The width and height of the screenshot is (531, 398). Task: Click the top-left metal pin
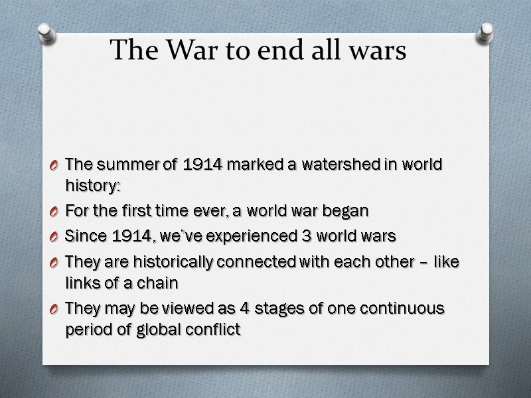click(46, 33)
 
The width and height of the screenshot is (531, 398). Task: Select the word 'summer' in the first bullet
click(114, 165)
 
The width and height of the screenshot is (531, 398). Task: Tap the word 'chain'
click(161, 283)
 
